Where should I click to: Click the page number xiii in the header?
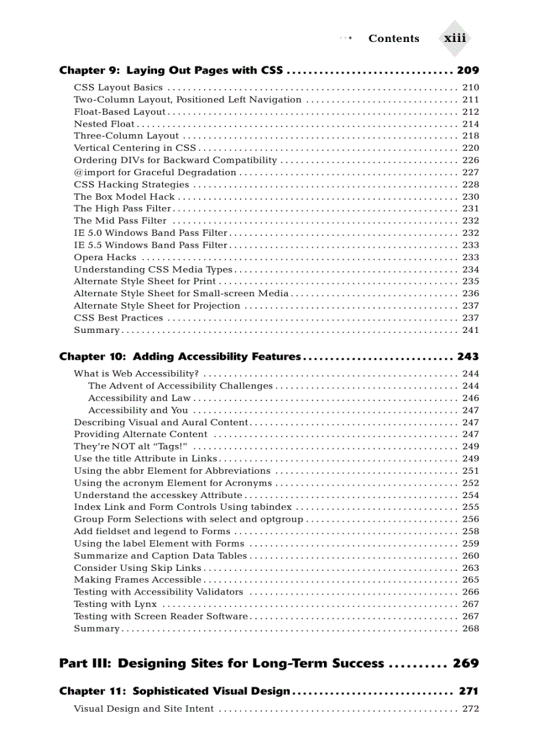[455, 38]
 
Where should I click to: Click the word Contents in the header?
[393, 39]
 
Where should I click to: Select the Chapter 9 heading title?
[171, 70]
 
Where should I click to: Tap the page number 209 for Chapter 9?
[468, 70]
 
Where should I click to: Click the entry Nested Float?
[104, 124]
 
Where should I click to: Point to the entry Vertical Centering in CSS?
[134, 148]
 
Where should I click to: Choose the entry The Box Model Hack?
[124, 197]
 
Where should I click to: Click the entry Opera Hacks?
[105, 258]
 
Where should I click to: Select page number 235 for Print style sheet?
[470, 282]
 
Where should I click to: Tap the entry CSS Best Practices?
[118, 318]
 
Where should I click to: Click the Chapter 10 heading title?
[180, 357]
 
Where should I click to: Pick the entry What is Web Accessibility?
[136, 374]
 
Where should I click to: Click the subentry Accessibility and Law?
[139, 398]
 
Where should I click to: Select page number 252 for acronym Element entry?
[470, 483]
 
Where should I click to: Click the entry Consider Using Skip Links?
[137, 568]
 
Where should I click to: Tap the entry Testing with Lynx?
[115, 604]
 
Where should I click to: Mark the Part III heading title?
[221, 663]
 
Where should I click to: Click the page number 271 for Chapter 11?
[468, 691]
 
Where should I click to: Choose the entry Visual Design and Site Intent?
[143, 708]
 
